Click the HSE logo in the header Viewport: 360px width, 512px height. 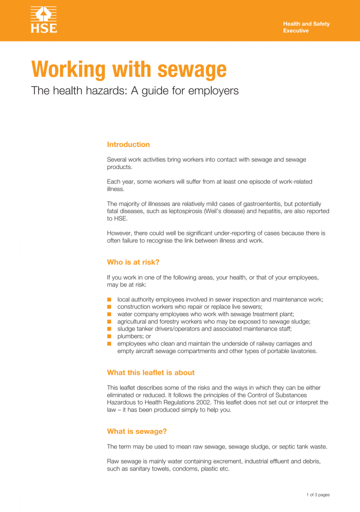click(x=44, y=20)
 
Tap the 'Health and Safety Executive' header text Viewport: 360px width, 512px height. click(x=306, y=27)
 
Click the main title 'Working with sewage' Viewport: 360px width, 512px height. click(x=129, y=69)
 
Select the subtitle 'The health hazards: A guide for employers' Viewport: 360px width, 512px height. click(x=135, y=90)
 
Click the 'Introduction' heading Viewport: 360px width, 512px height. click(x=128, y=144)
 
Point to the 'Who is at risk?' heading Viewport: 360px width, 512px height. click(x=133, y=262)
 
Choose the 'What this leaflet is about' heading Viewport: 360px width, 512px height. click(x=150, y=372)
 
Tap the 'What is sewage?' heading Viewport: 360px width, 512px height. click(x=137, y=431)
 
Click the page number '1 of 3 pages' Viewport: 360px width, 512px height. click(x=318, y=495)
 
